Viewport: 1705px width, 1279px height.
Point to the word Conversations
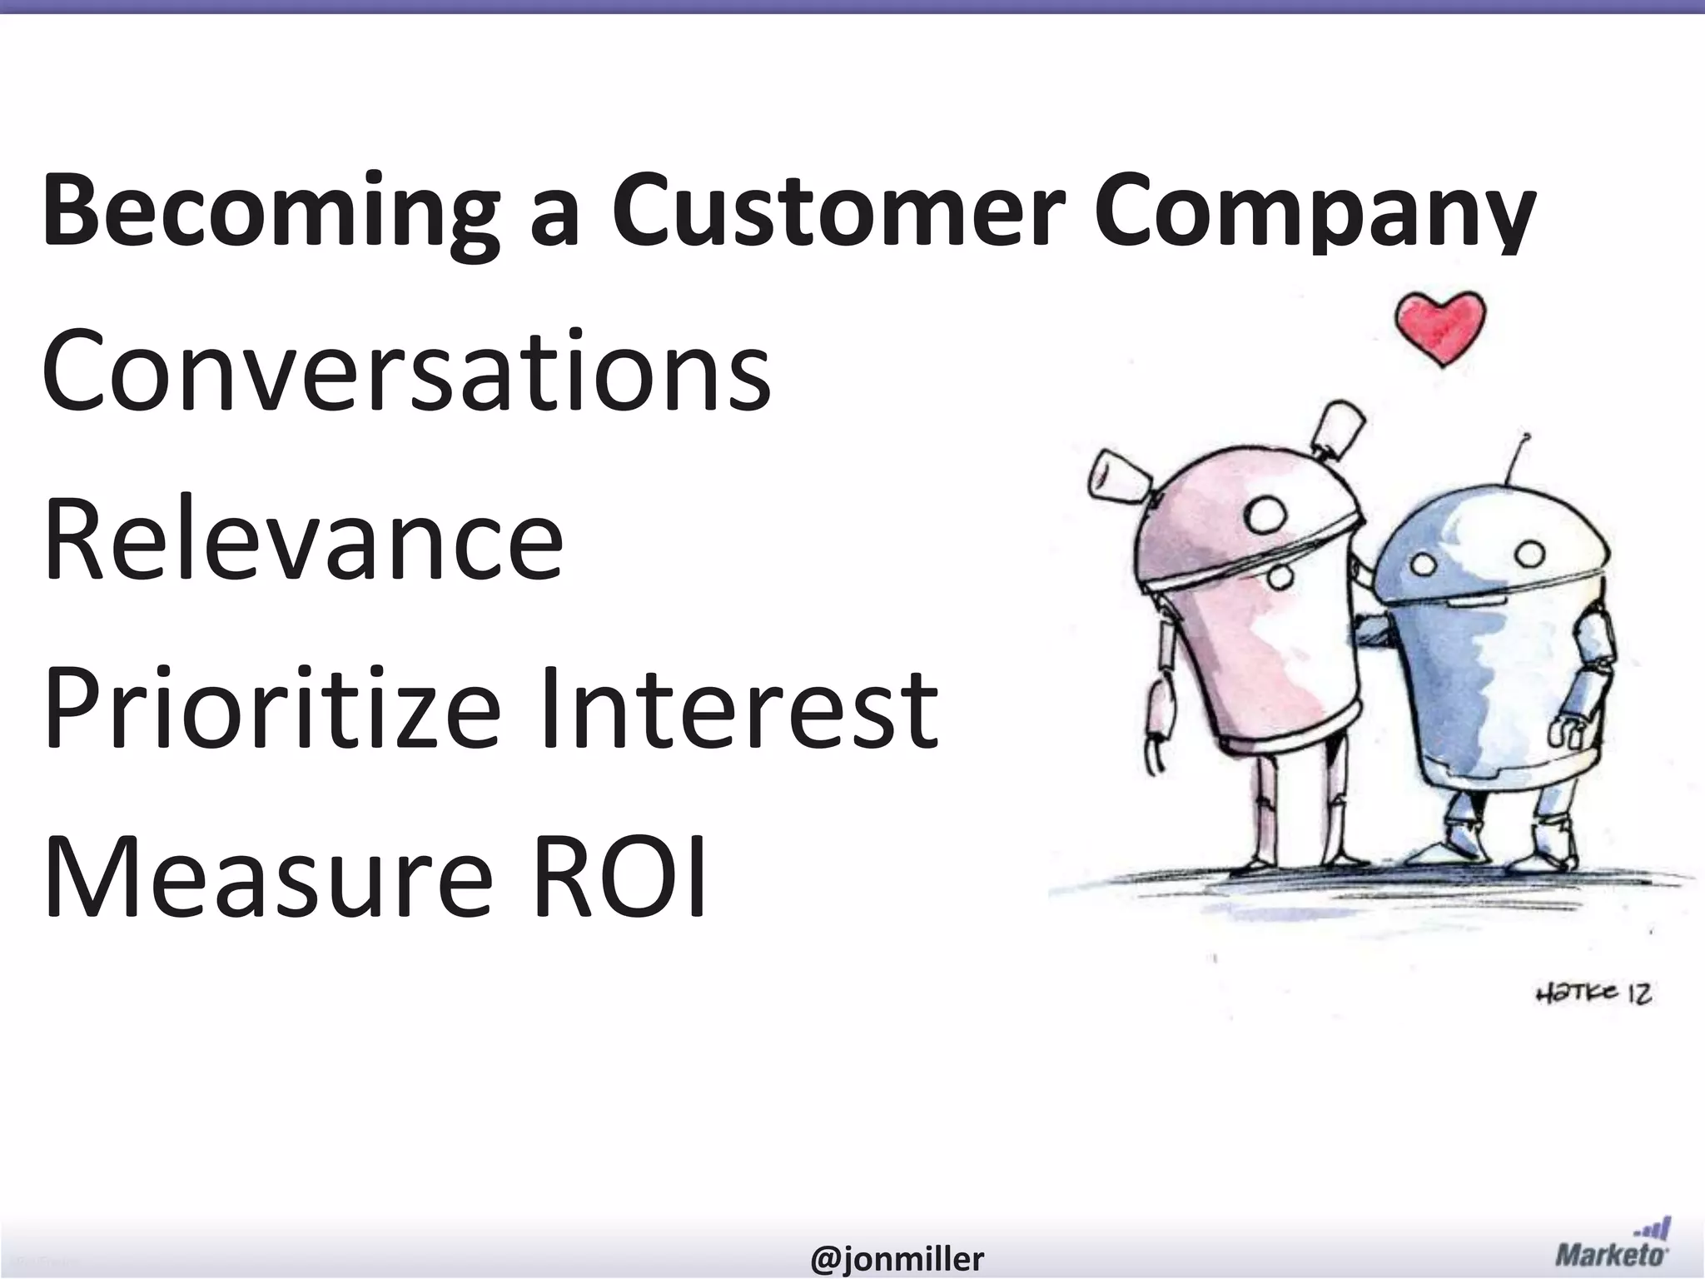coord(406,371)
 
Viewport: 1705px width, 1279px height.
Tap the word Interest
coord(739,708)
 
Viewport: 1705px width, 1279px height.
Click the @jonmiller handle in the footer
coord(897,1258)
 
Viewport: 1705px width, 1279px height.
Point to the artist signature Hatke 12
coord(1593,993)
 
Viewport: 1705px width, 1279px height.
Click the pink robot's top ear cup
coord(1340,430)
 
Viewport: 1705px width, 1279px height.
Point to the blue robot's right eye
coord(1528,555)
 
